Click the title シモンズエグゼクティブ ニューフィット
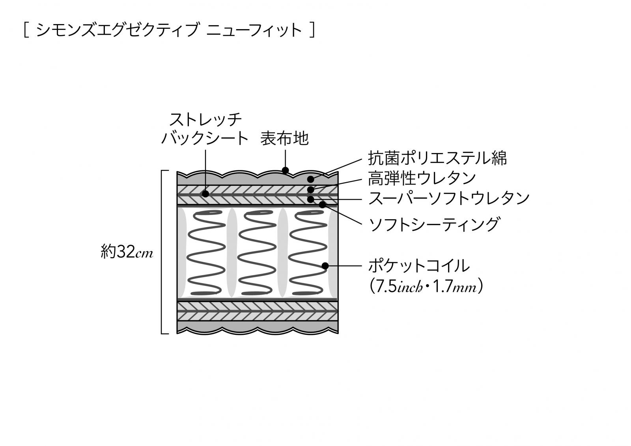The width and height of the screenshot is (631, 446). pyautogui.click(x=169, y=30)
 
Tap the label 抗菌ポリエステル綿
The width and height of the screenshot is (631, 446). pyautogui.click(x=437, y=158)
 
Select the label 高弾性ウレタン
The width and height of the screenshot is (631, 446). pyautogui.click(x=422, y=178)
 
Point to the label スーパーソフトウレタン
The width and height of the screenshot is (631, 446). pyautogui.click(x=449, y=198)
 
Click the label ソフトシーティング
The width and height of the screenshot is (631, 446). pyautogui.click(x=434, y=224)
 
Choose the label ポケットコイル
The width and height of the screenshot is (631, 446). pyautogui.click(x=419, y=265)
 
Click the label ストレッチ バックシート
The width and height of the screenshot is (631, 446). pyautogui.click(x=205, y=129)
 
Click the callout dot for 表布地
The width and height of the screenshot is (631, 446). pyautogui.click(x=286, y=170)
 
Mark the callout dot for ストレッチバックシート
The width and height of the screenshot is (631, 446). pyautogui.click(x=205, y=194)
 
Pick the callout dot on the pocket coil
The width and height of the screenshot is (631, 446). pyautogui.click(x=325, y=266)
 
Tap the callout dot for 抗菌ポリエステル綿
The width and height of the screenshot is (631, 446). pyautogui.click(x=311, y=179)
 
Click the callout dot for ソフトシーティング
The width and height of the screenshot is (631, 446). pyautogui.click(x=322, y=205)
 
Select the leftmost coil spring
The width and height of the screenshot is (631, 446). pyautogui.click(x=206, y=253)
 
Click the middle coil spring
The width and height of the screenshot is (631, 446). pyautogui.click(x=257, y=253)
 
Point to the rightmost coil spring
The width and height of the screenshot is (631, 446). pyautogui.click(x=308, y=253)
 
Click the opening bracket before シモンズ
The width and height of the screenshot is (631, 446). pyautogui.click(x=26, y=30)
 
